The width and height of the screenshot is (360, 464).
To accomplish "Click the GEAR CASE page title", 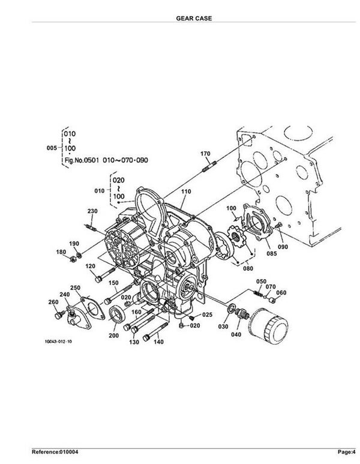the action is (194, 18).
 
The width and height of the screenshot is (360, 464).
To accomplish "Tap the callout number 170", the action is (205, 153).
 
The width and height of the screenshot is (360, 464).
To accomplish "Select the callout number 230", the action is (92, 211).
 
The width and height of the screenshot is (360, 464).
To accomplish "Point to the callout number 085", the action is (272, 253).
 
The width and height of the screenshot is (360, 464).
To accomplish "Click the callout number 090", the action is (283, 247).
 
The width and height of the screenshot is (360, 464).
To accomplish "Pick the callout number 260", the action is (53, 302).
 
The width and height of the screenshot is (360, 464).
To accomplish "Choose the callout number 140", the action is (158, 342).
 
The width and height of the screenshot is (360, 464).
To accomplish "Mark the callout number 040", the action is (236, 334).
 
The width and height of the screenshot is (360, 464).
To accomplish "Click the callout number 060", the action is (281, 292).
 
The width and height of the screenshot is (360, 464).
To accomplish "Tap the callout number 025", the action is (208, 315).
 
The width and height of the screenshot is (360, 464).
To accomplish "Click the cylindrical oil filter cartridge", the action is (269, 325).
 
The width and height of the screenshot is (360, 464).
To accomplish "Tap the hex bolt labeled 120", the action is (105, 274).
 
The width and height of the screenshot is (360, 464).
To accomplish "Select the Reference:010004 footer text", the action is (55, 452).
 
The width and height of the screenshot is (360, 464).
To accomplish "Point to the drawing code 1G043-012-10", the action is (58, 342).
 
